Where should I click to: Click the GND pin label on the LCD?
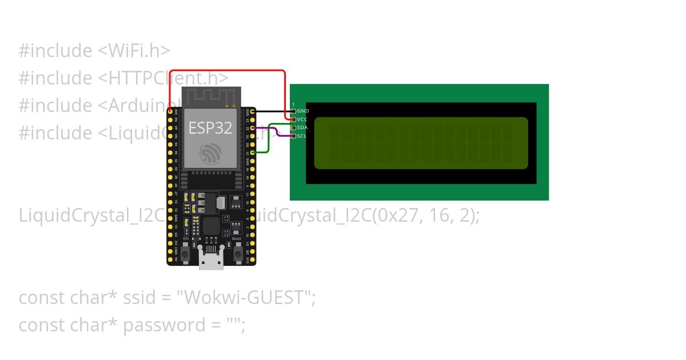pyautogui.click(x=304, y=111)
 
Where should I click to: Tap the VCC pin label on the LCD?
pyautogui.click(x=303, y=119)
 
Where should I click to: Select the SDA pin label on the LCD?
pyautogui.click(x=303, y=127)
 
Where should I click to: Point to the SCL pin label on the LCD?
pyautogui.click(x=302, y=136)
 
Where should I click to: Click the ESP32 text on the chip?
pyautogui.click(x=210, y=128)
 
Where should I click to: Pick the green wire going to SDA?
pyautogui.click(x=269, y=140)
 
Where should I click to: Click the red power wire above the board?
pyautogui.click(x=229, y=71)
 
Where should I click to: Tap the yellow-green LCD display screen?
pyautogui.click(x=421, y=143)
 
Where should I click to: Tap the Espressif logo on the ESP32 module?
pyautogui.click(x=210, y=154)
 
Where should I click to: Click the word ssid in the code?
pyautogui.click(x=139, y=298)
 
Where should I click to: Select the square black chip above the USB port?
pyautogui.click(x=210, y=225)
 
